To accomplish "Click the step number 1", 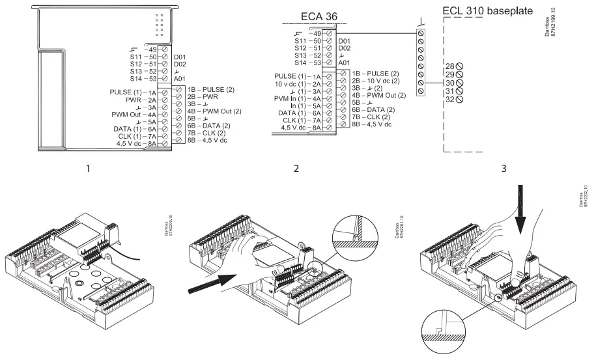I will tap(88, 169).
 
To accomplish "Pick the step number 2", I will tap(297, 169).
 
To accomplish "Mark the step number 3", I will tap(503, 169).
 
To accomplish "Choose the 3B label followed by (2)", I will tap(365, 87).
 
